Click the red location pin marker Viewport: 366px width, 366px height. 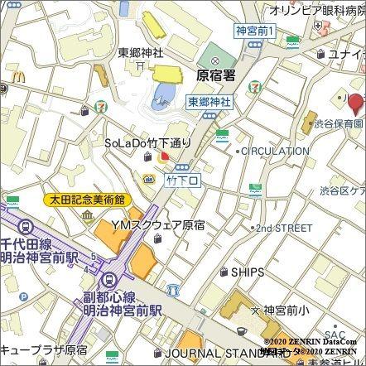coord(355,104)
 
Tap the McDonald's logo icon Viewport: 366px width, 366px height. coord(4,83)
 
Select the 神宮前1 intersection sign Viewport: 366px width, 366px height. coord(255,30)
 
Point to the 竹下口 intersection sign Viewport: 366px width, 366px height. coord(178,178)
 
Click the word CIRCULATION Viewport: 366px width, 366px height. coord(276,152)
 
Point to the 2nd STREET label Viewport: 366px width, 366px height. coord(284,227)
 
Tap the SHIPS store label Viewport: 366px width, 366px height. coord(248,272)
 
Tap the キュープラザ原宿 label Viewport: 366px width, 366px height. coord(44,350)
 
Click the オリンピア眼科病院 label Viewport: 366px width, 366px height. coord(317,10)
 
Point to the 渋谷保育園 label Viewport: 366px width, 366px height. coord(340,123)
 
